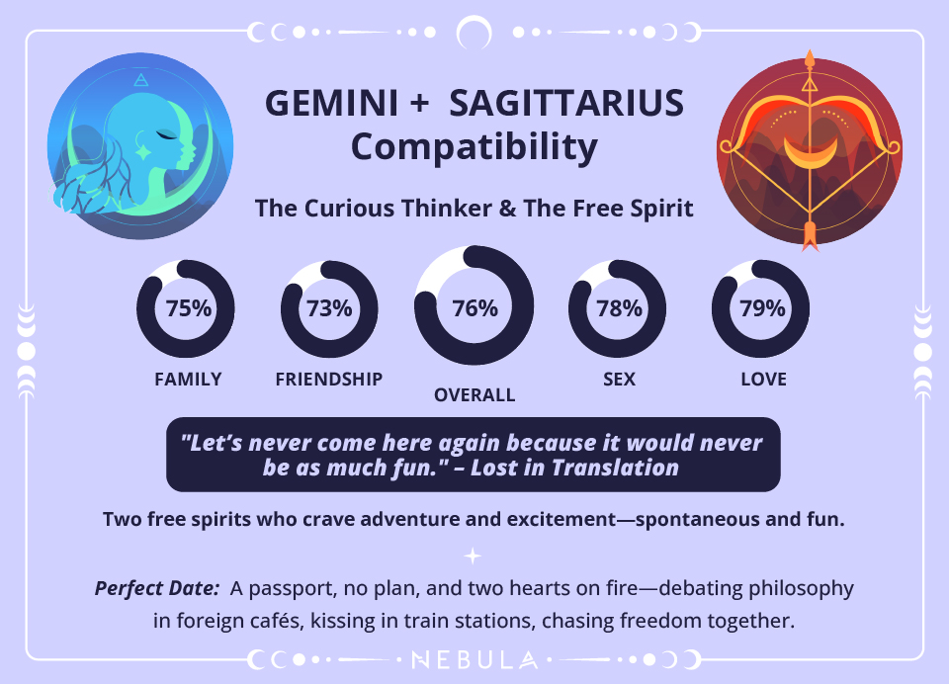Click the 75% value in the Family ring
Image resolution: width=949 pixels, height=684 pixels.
188,308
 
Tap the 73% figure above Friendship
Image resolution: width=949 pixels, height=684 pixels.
329,308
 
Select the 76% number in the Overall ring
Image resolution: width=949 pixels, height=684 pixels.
474,308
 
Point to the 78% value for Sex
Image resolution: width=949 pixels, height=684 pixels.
619,308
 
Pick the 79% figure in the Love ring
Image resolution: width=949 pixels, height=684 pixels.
762,308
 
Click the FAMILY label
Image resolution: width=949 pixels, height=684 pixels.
188,379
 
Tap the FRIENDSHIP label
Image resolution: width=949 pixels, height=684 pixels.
329,379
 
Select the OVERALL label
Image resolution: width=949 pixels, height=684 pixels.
474,395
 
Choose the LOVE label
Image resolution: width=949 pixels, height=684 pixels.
763,379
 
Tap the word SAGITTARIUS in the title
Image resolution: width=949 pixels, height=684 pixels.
570,104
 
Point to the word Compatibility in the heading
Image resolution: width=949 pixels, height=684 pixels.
474,147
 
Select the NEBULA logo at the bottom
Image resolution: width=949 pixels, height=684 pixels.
474,658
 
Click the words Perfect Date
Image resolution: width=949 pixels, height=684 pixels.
156,588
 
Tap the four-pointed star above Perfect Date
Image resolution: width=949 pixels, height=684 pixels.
474,556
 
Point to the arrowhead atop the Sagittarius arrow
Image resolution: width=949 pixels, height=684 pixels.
811,59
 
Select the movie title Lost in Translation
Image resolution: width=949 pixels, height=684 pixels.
574,468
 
